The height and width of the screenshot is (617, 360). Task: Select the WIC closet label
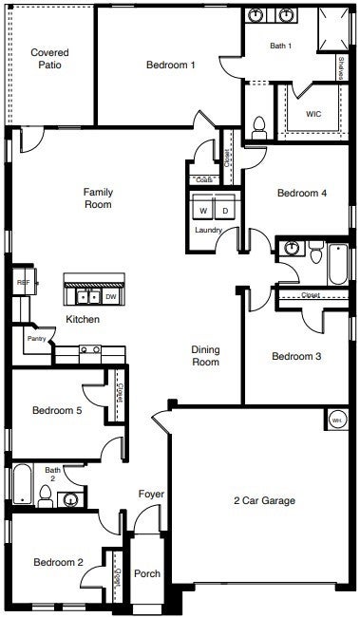pyautogui.click(x=314, y=114)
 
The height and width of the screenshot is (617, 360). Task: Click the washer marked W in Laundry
pyautogui.click(x=202, y=210)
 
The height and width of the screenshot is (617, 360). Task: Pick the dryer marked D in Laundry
pyautogui.click(x=225, y=210)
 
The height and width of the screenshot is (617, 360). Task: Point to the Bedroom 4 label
pyautogui.click(x=302, y=193)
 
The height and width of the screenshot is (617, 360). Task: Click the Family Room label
pyautogui.click(x=98, y=197)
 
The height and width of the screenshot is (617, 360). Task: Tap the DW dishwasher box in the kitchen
pyautogui.click(x=110, y=296)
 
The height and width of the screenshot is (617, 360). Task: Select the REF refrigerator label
pyautogui.click(x=21, y=282)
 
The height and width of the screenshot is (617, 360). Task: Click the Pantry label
pyautogui.click(x=37, y=338)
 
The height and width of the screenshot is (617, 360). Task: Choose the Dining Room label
pyautogui.click(x=206, y=355)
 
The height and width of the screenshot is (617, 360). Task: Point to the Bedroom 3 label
pyautogui.click(x=296, y=357)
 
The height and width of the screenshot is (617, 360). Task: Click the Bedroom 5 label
pyautogui.click(x=57, y=410)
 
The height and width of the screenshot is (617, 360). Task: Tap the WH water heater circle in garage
pyautogui.click(x=336, y=419)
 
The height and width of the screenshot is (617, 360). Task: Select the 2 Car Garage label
pyautogui.click(x=265, y=500)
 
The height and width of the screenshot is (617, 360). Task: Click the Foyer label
pyautogui.click(x=151, y=494)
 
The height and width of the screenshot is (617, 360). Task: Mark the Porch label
pyautogui.click(x=147, y=574)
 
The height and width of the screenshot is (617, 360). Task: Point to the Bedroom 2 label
pyautogui.click(x=59, y=563)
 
